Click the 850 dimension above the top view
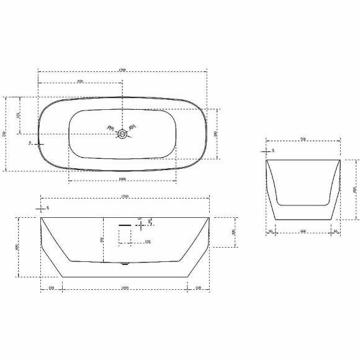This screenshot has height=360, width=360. pyautogui.click(x=80, y=81)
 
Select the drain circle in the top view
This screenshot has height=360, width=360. pyautogui.click(x=124, y=133)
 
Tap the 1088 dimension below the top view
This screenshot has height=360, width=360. pyautogui.click(x=122, y=180)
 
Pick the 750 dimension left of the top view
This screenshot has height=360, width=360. pyautogui.click(x=5, y=133)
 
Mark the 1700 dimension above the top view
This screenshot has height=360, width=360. pyautogui.click(x=122, y=70)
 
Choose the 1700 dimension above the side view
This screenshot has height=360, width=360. pyautogui.click(x=125, y=197)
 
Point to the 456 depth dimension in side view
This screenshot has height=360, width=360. pyautogui.click(x=102, y=240)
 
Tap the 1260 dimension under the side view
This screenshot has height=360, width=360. pyautogui.click(x=125, y=288)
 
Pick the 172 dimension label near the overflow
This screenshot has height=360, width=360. pyautogui.click(x=147, y=241)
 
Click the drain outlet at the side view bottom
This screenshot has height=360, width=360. pyautogui.click(x=125, y=263)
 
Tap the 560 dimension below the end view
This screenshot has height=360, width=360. pyautogui.click(x=304, y=232)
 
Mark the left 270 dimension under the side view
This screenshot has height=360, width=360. pyautogui.click(x=52, y=288)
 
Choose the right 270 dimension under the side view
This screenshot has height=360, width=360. pyautogui.click(x=199, y=288)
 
